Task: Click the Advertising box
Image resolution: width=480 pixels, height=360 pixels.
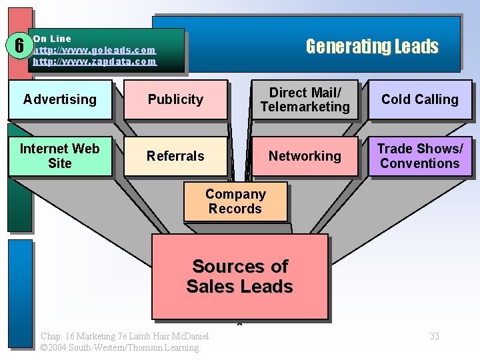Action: tap(60, 99)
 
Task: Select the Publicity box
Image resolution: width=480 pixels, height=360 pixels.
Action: tap(175, 99)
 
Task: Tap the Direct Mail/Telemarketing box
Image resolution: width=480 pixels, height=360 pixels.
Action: tap(305, 99)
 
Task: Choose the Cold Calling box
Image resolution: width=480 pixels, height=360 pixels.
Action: tap(420, 99)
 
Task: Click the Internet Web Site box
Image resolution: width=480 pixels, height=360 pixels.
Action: tap(60, 156)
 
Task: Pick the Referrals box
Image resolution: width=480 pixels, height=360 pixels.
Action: tap(175, 156)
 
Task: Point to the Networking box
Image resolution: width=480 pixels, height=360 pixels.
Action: tap(305, 156)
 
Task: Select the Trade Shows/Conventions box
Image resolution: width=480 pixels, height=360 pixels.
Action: tap(420, 156)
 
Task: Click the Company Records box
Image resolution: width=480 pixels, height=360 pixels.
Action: tap(235, 201)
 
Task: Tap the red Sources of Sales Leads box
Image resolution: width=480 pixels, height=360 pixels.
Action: tap(240, 276)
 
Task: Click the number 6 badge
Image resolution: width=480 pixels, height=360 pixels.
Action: tap(20, 46)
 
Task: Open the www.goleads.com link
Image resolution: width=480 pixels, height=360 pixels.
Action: tap(94, 50)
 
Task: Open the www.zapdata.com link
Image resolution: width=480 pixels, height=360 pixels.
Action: tap(94, 61)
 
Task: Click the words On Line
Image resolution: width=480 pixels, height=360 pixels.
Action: tap(52, 39)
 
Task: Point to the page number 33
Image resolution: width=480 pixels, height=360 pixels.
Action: tap(435, 336)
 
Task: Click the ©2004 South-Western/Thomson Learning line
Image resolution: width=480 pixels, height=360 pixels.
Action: tap(119, 347)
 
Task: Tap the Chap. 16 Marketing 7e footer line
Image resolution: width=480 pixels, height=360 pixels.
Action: tap(125, 336)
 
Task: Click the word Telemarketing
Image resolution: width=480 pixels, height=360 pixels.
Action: tap(305, 107)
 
